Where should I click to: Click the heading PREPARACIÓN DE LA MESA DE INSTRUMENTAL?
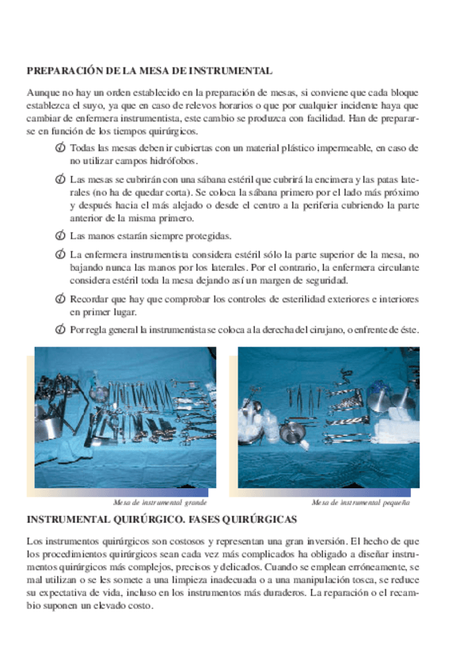coord(150,71)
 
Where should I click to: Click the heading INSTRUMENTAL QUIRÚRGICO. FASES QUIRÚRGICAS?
coord(161,520)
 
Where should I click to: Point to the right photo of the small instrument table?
coord(329,418)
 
